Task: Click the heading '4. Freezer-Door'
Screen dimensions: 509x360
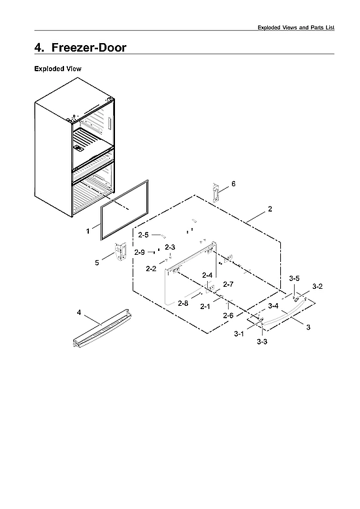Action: [x=80, y=47]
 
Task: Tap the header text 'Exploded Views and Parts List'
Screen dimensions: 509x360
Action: [x=295, y=27]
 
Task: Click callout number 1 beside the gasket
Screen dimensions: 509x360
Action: [x=88, y=231]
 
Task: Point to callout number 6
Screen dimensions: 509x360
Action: [x=233, y=184]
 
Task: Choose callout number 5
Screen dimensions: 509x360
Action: [x=97, y=263]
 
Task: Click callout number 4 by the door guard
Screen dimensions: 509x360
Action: [x=79, y=313]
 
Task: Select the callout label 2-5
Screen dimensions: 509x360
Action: [x=143, y=235]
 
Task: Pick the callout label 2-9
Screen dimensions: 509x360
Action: [x=139, y=252]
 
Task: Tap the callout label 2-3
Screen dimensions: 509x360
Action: [x=170, y=247]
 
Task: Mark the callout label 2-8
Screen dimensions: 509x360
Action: [x=183, y=303]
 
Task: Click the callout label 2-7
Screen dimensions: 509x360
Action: [x=228, y=284]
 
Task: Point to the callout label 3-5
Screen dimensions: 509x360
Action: [x=295, y=278]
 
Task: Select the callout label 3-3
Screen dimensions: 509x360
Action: [x=261, y=342]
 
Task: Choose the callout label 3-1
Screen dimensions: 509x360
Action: [x=239, y=334]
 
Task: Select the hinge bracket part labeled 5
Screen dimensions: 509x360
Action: [x=120, y=254]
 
